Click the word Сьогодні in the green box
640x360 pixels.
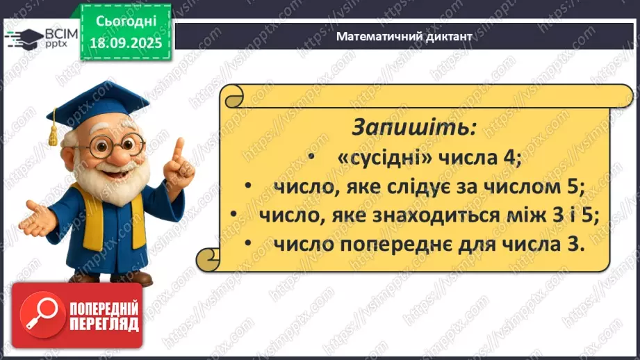tap(125, 22)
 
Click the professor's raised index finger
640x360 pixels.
tap(179, 150)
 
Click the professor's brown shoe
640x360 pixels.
tap(136, 279)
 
